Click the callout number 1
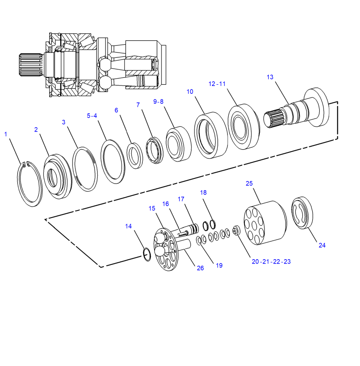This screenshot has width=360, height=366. pyautogui.click(x=6, y=134)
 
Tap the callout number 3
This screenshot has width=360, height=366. pyautogui.click(x=63, y=122)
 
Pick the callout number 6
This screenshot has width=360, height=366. pyautogui.click(x=116, y=110)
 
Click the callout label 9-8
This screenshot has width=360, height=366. pyautogui.click(x=159, y=102)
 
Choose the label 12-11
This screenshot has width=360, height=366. pyautogui.click(x=217, y=84)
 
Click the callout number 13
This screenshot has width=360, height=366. pyautogui.click(x=270, y=77)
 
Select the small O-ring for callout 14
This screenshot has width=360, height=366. pyautogui.click(x=147, y=254)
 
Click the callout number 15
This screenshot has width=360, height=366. pyautogui.click(x=152, y=208)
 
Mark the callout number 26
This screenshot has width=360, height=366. pyautogui.click(x=200, y=268)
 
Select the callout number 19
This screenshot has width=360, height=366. pyautogui.click(x=219, y=265)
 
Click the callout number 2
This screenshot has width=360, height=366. pyautogui.click(x=36, y=129)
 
